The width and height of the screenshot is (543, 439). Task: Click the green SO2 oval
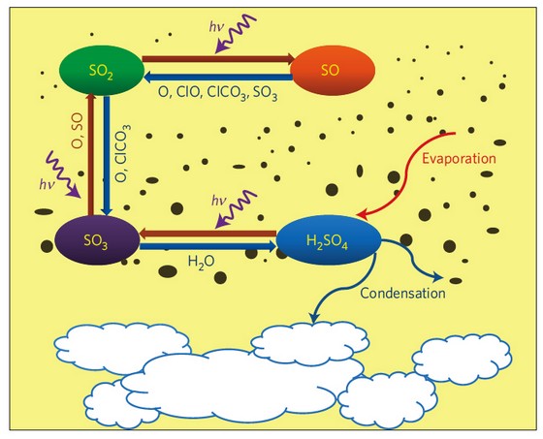(102, 71)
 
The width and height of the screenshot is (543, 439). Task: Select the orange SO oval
(333, 71)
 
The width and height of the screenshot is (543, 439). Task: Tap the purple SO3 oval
(97, 240)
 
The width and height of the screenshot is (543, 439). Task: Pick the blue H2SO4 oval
(329, 240)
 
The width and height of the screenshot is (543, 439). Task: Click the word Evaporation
(459, 159)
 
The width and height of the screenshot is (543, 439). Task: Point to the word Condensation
(402, 293)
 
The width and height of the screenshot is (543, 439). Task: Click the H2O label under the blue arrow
(202, 262)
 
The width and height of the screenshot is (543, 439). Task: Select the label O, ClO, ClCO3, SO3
(218, 93)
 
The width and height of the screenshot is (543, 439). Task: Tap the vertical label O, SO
(79, 131)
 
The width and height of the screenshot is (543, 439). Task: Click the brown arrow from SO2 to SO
(218, 58)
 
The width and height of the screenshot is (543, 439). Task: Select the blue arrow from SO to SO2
(218, 77)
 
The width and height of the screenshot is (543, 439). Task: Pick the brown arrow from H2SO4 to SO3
(208, 234)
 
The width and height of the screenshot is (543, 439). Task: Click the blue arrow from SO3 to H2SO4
(208, 246)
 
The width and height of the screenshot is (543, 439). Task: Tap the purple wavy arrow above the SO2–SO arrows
(236, 33)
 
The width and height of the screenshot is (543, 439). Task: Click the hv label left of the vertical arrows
(47, 184)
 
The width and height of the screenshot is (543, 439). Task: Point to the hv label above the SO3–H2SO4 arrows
(219, 201)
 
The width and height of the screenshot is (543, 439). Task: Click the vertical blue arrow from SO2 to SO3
(107, 155)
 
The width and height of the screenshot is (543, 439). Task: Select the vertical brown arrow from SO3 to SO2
(91, 154)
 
